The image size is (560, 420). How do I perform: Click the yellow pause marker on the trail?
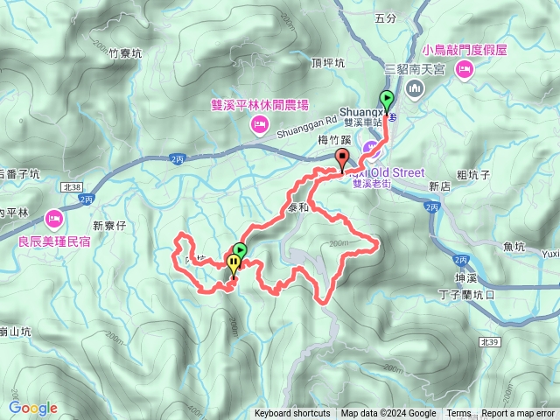tap(234, 264)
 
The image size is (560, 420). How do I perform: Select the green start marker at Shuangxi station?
tap(386, 99)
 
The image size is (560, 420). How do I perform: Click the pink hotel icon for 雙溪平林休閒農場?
tap(258, 126)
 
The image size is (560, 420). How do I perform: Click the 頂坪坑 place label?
tap(328, 62)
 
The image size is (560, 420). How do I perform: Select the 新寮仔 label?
tap(110, 226)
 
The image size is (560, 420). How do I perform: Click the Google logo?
tap(33, 408)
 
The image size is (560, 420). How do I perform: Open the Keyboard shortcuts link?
tap(292, 414)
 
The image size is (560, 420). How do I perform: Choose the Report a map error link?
tap(518, 414)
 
